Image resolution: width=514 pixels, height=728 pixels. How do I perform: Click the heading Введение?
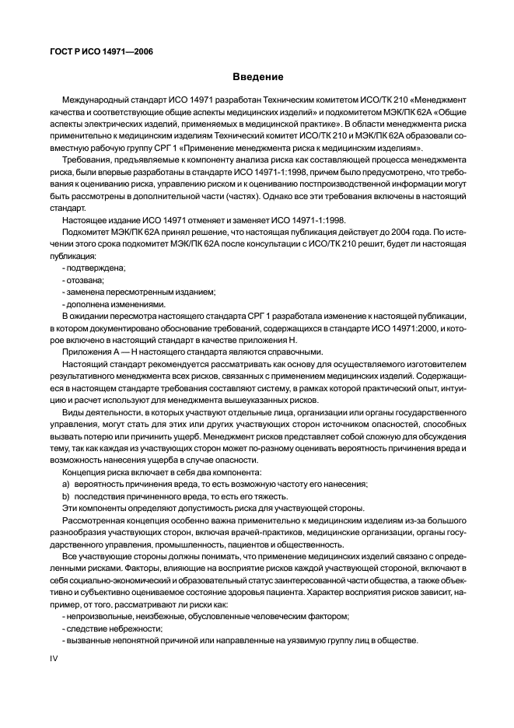pos(257,78)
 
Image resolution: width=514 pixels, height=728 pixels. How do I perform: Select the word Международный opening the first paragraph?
pos(96,101)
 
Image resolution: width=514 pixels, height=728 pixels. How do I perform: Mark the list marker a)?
pos(66,484)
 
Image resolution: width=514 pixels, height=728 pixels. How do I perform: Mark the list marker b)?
pos(66,495)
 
